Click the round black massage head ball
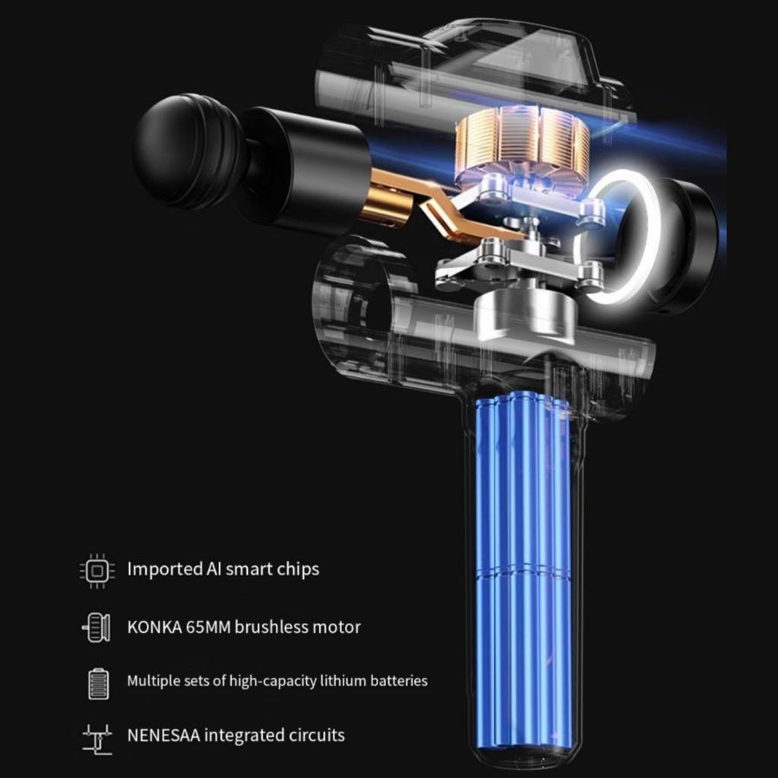click(x=186, y=151)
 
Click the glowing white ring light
click(x=618, y=236)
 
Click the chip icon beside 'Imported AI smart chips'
click(x=97, y=571)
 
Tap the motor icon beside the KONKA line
click(x=96, y=628)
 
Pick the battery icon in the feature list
click(x=98, y=684)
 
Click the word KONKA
click(x=154, y=627)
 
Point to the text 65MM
click(x=208, y=627)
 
